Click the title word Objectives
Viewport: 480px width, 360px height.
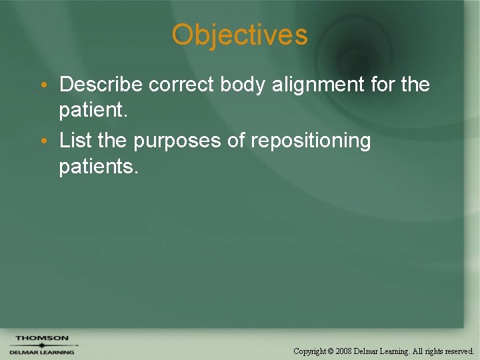[239, 35]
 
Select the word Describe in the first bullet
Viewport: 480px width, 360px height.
[101, 85]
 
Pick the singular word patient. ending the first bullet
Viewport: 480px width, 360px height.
[93, 111]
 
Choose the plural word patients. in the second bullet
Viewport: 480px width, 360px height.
[99, 167]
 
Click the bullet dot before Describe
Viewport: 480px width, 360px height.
[43, 86]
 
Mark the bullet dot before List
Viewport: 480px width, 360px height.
[43, 142]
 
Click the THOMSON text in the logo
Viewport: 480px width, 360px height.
[42, 338]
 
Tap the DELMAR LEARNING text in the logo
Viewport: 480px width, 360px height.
[42, 352]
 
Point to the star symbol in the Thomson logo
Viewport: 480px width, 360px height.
[41, 345]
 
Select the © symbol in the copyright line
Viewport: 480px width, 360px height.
[330, 351]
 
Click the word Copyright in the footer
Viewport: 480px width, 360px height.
[310, 351]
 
